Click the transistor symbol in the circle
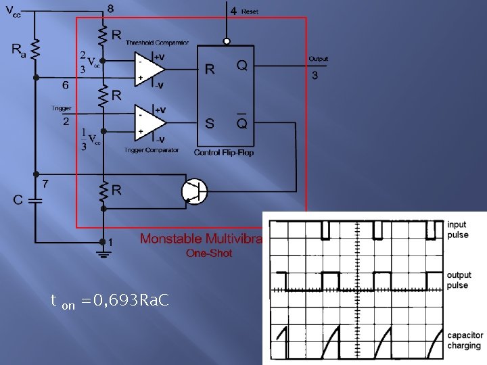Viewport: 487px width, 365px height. (194, 191)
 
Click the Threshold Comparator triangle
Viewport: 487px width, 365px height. (149, 68)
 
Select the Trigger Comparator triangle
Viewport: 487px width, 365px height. (149, 122)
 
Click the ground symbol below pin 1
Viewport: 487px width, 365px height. (103, 253)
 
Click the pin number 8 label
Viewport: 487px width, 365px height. (110, 9)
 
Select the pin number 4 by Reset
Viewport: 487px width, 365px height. (233, 11)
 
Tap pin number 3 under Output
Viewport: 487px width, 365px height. (315, 75)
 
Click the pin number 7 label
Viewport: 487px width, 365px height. (45, 183)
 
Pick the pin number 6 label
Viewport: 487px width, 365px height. (65, 85)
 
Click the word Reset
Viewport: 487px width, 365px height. (250, 11)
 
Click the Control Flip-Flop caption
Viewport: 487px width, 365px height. (224, 152)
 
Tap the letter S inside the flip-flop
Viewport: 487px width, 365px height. (210, 123)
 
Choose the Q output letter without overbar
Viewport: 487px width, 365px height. (241, 66)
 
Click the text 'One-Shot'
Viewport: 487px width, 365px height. (209, 253)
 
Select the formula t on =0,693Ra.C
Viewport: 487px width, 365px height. (110, 300)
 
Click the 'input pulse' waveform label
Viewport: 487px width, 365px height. (457, 230)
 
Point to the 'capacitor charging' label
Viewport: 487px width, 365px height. (465, 340)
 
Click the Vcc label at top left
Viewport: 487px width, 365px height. (13, 11)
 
